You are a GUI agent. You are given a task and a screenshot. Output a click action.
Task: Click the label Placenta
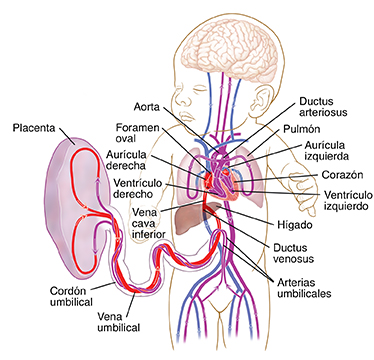[33, 128]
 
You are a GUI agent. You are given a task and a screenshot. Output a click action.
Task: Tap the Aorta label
[149, 105]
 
